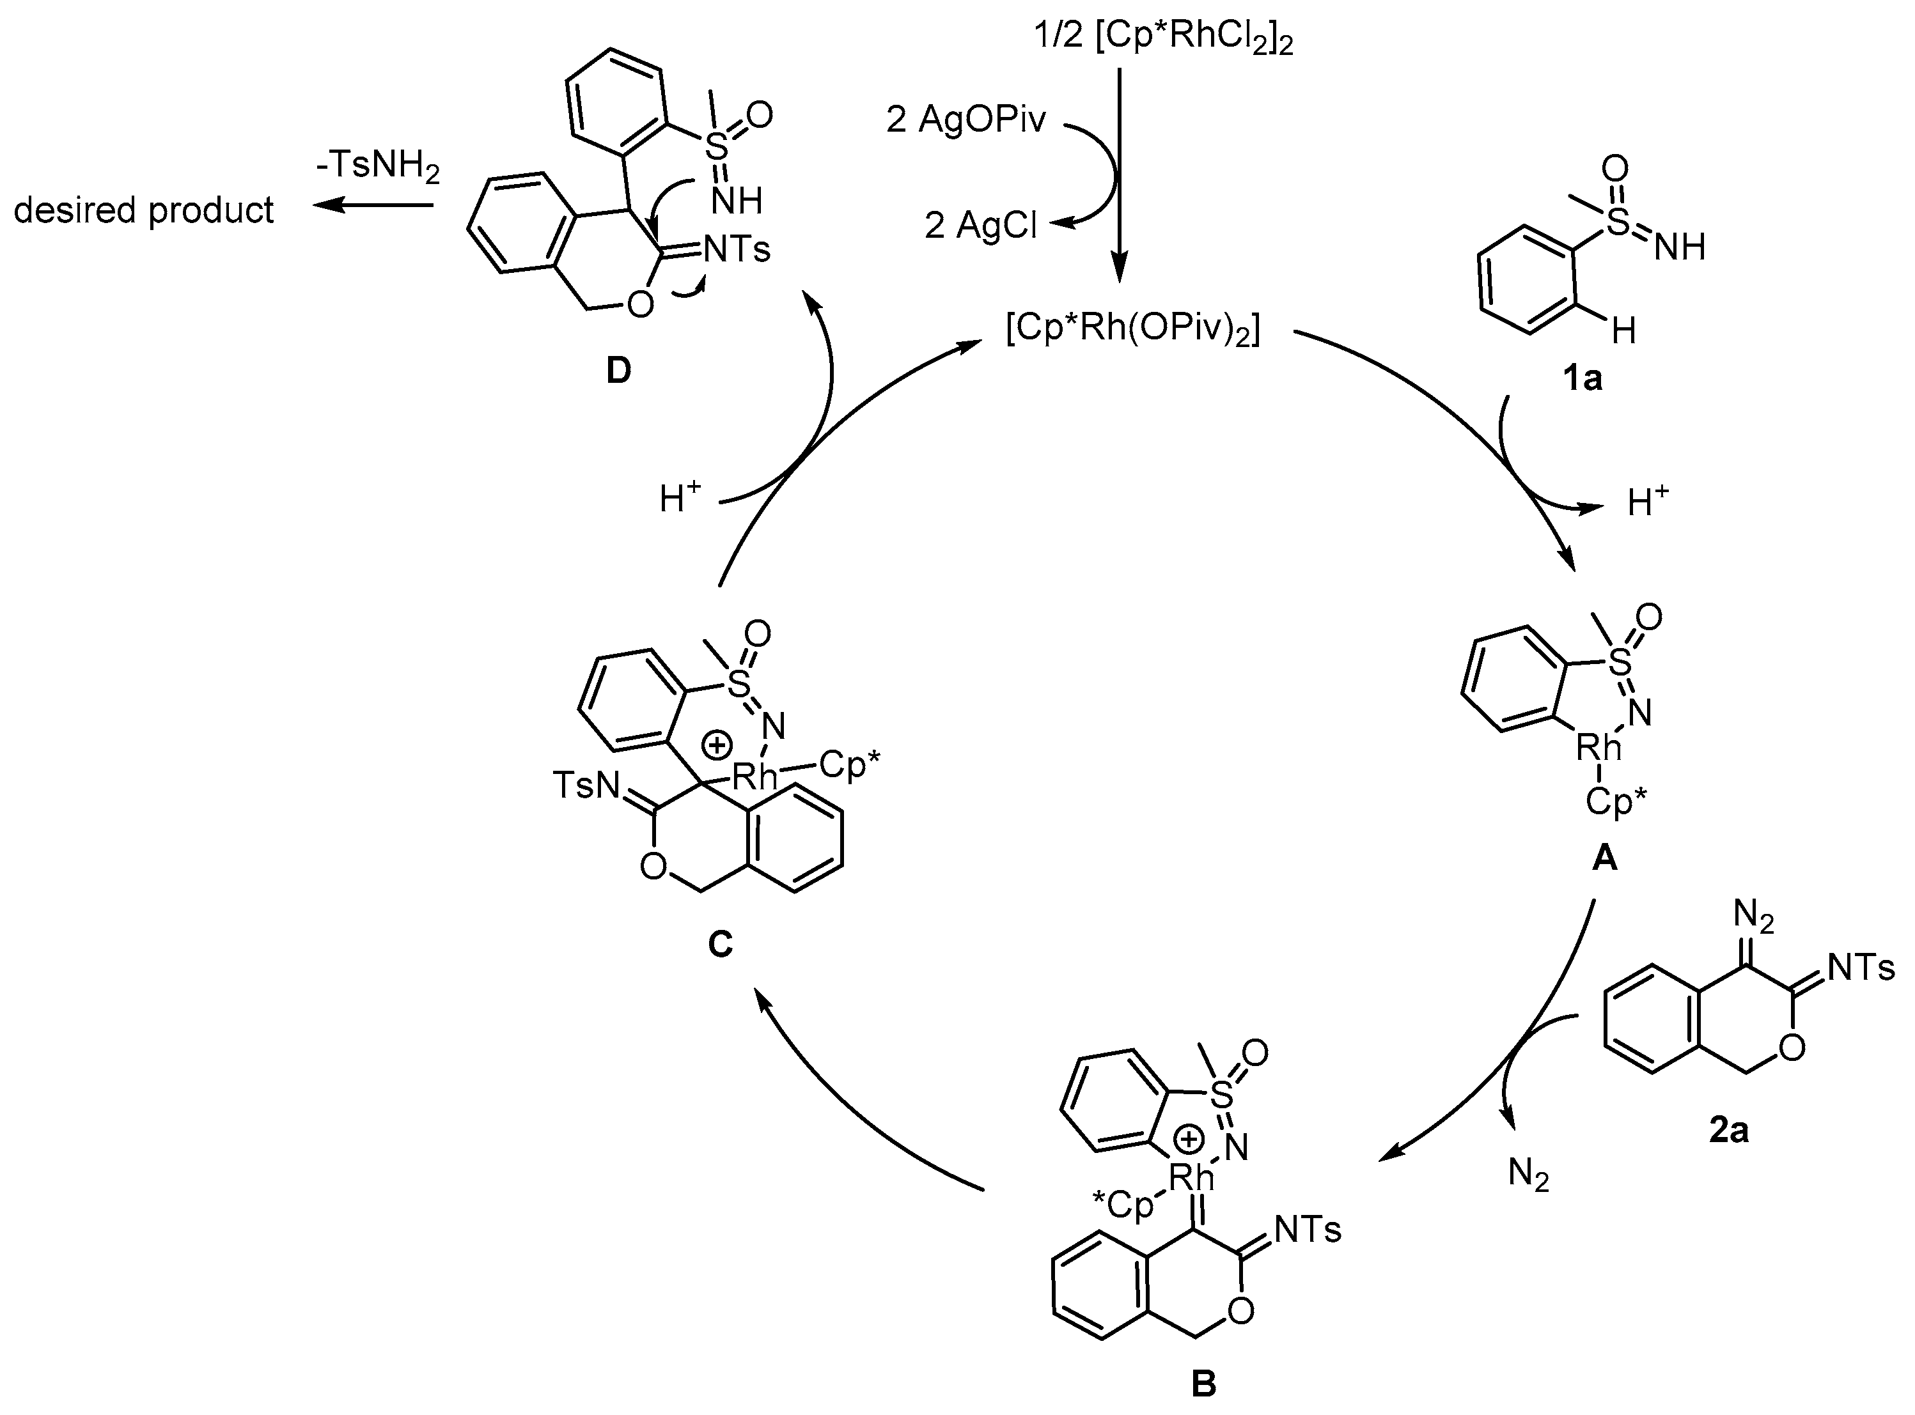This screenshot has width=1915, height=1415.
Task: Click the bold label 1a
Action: pos(1582,377)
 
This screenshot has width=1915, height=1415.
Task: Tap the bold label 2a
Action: pos(1728,1131)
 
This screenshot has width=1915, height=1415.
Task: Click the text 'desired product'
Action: pos(144,209)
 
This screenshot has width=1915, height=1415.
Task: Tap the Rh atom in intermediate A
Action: pos(1599,748)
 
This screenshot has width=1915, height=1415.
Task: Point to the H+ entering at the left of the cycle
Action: pos(680,499)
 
